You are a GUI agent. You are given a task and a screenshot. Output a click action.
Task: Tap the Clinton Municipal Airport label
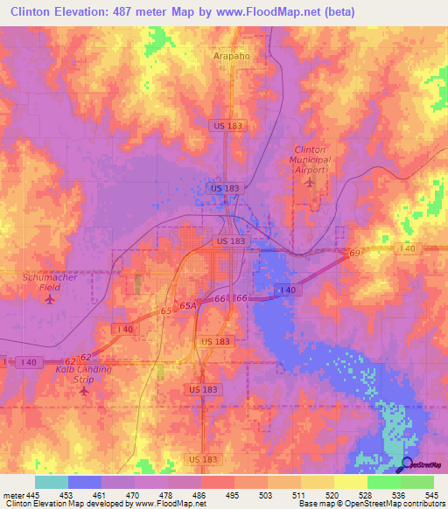312,161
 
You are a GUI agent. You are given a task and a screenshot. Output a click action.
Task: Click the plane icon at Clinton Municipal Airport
308,184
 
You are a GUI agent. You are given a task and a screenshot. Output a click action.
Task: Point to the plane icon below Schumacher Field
49,299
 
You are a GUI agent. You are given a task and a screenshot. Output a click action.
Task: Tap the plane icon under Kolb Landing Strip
84,390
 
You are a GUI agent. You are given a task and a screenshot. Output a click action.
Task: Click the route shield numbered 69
354,253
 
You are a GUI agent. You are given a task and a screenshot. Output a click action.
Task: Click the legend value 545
431,495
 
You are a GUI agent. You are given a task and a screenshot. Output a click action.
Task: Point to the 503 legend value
266,495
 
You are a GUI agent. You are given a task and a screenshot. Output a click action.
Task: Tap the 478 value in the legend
166,495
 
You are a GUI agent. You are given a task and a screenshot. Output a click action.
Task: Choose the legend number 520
332,495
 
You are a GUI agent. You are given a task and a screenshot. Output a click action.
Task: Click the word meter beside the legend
12,495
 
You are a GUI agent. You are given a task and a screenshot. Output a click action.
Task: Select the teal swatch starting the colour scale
52,482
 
